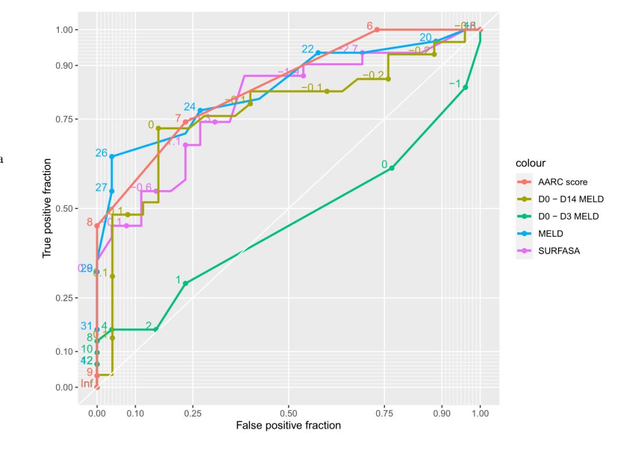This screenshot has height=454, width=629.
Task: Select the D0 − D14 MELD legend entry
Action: [571, 199]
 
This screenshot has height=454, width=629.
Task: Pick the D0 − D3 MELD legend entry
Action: [568, 217]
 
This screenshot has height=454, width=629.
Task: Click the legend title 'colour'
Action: [532, 164]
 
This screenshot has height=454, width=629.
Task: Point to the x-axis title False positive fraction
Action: [288, 425]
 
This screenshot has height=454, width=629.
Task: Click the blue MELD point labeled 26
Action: [112, 156]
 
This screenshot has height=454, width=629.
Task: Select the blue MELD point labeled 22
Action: [318, 52]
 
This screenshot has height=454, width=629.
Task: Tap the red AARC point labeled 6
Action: [377, 29]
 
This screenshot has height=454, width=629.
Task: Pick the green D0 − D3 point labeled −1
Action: [465, 87]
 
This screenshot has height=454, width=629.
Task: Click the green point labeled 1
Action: [186, 283]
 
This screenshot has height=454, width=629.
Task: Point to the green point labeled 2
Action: [156, 329]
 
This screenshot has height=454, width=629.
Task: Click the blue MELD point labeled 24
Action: [200, 110]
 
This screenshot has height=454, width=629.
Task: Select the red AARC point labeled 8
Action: [97, 225]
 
